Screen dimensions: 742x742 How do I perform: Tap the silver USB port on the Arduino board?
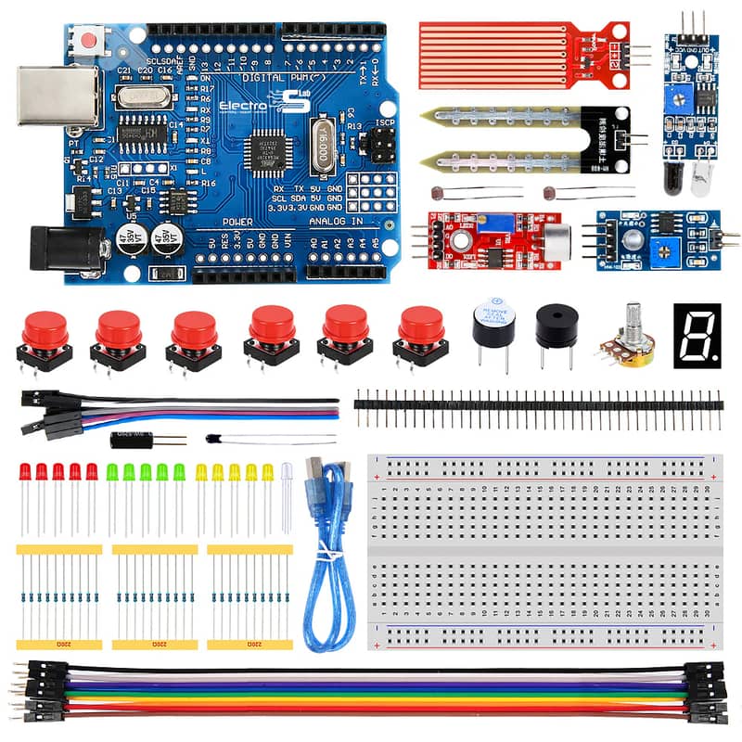[65, 96]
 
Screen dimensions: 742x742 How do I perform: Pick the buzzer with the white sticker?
[493, 325]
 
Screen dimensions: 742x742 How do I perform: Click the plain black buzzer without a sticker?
[556, 326]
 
